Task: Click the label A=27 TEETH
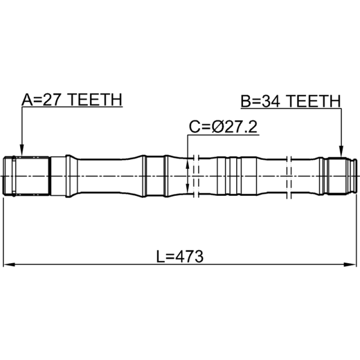tap(72, 99)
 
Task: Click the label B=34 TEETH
tap(291, 101)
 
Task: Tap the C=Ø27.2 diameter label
tap(223, 127)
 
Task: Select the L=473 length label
tap(180, 256)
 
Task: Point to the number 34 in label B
tap(271, 101)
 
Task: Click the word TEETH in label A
tap(95, 99)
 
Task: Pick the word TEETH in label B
tap(314, 101)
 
